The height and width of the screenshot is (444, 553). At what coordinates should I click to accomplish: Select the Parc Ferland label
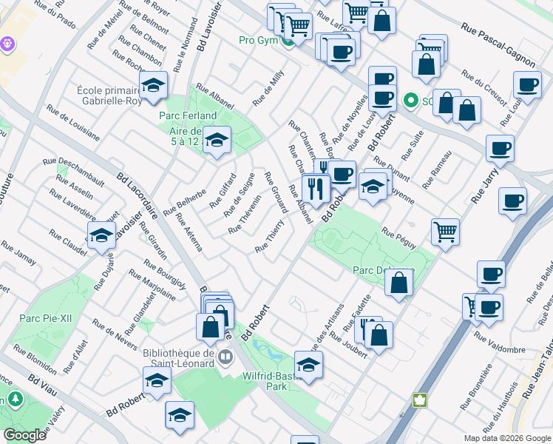188,115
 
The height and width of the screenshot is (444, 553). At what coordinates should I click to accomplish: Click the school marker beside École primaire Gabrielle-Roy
153,87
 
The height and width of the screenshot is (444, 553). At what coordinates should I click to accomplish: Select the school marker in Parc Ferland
217,138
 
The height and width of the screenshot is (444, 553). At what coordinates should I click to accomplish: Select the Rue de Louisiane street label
72,123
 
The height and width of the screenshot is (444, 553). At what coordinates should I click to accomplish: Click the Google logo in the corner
24,435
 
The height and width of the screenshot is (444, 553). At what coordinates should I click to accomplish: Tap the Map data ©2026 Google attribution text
507,438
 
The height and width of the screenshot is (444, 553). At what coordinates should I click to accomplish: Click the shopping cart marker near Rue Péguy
445,232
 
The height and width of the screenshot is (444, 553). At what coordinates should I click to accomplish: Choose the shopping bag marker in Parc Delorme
398,283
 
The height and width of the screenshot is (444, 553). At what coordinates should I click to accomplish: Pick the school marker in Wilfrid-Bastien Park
308,364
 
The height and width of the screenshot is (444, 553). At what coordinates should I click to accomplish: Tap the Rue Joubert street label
348,345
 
